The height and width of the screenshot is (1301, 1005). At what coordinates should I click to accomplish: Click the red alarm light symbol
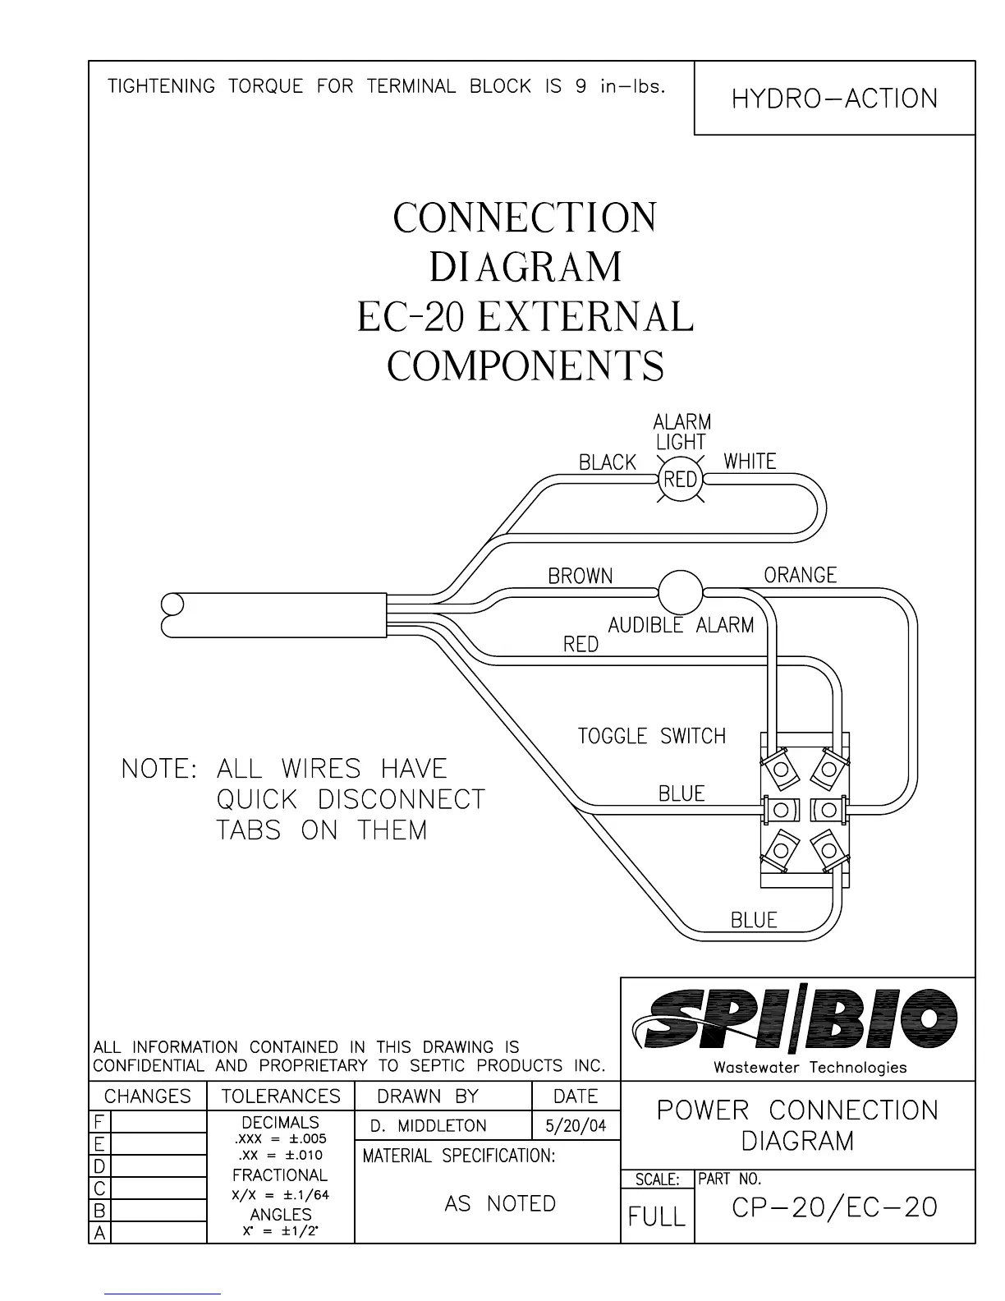coord(681,479)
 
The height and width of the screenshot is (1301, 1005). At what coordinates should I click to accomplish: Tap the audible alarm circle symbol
coord(681,591)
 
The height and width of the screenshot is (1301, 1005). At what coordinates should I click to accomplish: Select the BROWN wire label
coord(581,577)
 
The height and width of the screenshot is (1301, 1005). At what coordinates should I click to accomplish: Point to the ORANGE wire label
coord(800,575)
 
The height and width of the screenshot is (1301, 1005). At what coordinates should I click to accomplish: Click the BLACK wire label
coord(608,463)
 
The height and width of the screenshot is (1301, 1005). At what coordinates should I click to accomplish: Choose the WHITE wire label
coord(750,462)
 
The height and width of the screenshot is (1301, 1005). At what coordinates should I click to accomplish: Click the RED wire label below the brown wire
coord(581,646)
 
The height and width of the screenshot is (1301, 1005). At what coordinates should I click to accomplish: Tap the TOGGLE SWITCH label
coord(652,736)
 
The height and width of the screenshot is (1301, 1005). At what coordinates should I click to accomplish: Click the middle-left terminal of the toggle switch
coord(779,810)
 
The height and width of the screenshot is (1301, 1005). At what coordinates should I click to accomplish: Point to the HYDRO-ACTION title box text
coord(834,99)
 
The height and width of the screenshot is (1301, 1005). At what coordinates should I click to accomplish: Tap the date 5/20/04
coord(576,1125)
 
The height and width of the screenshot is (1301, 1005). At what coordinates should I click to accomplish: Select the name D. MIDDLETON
coord(429,1126)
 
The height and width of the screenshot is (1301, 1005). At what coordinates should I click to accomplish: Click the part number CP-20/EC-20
coord(834,1207)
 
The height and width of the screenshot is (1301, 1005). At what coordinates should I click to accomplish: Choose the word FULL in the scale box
coord(656,1216)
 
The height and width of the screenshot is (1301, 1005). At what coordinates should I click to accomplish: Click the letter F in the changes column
coord(99,1122)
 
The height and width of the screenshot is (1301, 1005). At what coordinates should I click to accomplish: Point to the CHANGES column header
coord(147,1096)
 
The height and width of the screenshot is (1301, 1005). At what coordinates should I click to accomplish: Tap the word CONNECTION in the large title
coord(525,218)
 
